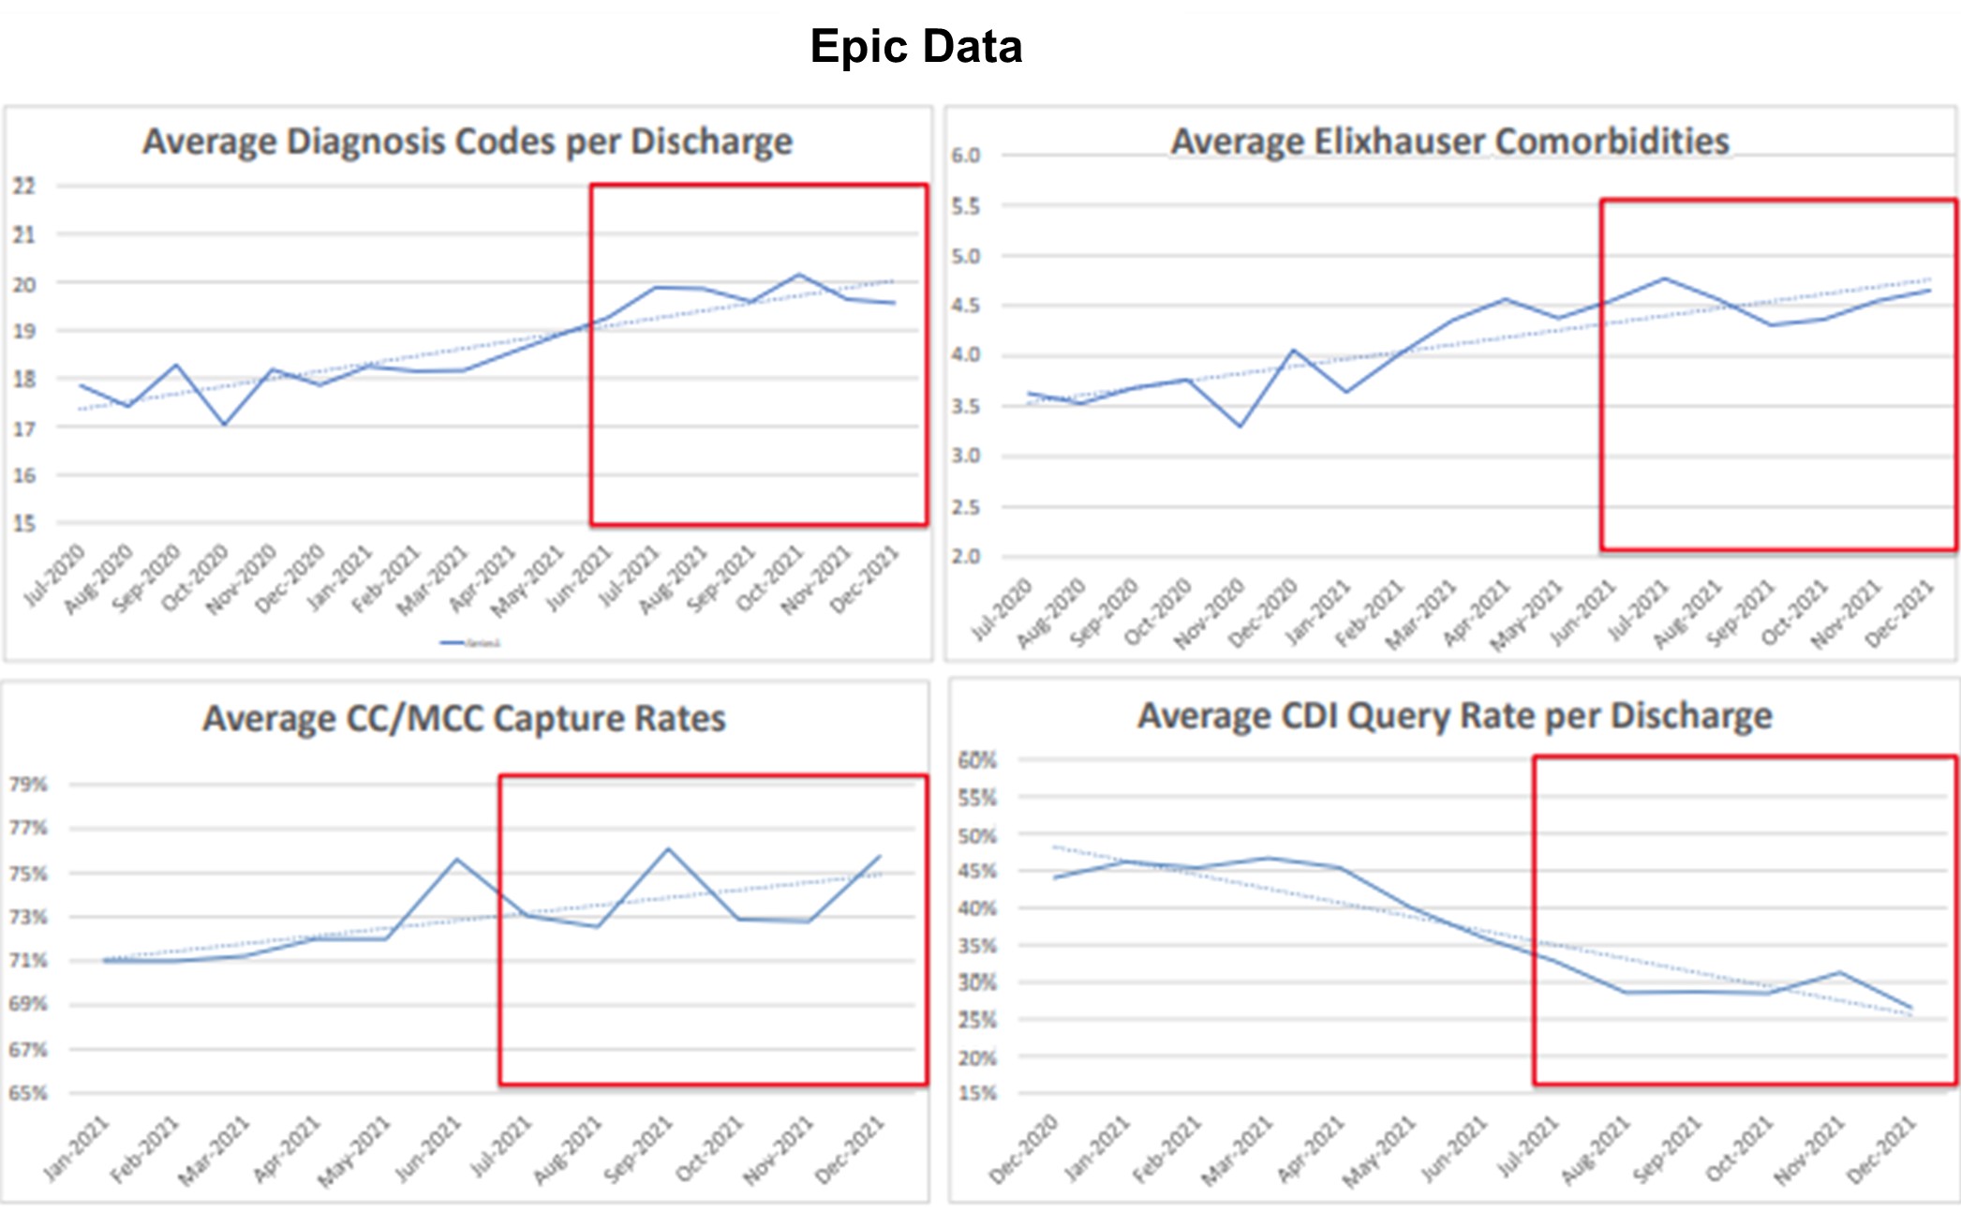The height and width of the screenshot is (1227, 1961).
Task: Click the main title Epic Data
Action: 915,47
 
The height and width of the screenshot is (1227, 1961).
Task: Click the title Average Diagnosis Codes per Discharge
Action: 467,142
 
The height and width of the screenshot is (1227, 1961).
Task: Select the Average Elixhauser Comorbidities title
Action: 1449,142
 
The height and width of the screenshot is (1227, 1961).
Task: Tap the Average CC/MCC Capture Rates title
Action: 464,718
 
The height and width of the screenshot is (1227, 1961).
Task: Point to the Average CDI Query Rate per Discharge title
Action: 1454,716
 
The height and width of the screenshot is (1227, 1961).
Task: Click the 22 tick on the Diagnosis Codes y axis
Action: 24,187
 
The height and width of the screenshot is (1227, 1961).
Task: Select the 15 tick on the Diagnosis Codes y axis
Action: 24,524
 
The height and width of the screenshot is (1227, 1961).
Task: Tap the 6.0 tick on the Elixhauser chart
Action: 966,156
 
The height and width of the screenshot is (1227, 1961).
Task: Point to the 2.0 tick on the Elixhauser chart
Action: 966,557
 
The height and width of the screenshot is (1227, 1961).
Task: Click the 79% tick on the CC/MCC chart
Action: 28,785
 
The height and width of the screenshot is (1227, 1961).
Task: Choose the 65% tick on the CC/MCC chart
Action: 28,1093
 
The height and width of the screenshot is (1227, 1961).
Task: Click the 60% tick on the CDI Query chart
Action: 977,760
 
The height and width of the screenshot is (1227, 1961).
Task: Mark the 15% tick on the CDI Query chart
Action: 977,1093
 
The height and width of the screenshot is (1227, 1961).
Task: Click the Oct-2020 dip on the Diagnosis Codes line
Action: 225,425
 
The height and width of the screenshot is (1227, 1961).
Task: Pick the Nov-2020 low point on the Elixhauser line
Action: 1240,426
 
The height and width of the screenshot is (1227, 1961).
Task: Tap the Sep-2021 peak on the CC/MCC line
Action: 668,849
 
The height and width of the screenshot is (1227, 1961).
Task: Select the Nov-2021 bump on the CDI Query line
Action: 1840,972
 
